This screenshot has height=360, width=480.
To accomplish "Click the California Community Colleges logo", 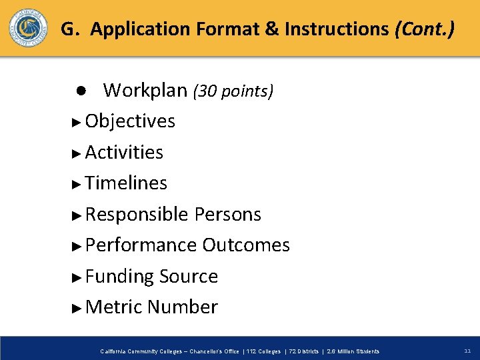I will (28, 29).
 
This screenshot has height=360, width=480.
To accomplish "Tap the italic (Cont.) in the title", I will (425, 29).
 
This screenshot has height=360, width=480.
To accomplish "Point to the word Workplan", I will (145, 90).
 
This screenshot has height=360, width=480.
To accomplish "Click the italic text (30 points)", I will (233, 91).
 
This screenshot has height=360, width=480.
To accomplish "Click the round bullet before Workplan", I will (79, 90).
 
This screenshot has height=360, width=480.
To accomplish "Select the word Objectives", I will (130, 121).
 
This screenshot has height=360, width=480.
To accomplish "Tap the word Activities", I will (124, 153).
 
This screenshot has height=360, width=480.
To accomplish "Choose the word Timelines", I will (126, 183).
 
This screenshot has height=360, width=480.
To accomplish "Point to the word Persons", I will (228, 215).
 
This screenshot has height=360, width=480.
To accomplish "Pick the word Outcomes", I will (246, 245).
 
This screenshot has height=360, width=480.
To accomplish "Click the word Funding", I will (119, 277).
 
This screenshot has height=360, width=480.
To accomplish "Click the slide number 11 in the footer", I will (467, 351).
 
